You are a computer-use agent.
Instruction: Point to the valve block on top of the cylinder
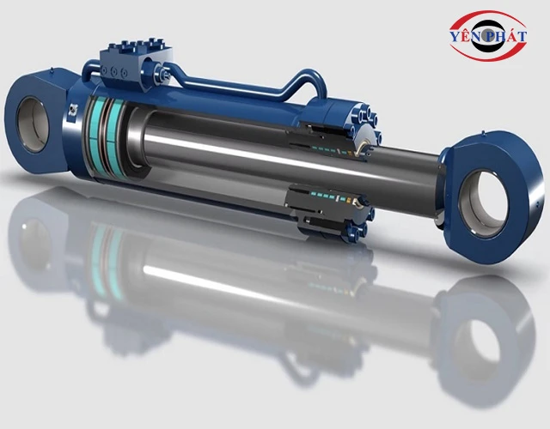[x=126, y=61]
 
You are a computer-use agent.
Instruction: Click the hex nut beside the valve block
[x=162, y=80]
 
